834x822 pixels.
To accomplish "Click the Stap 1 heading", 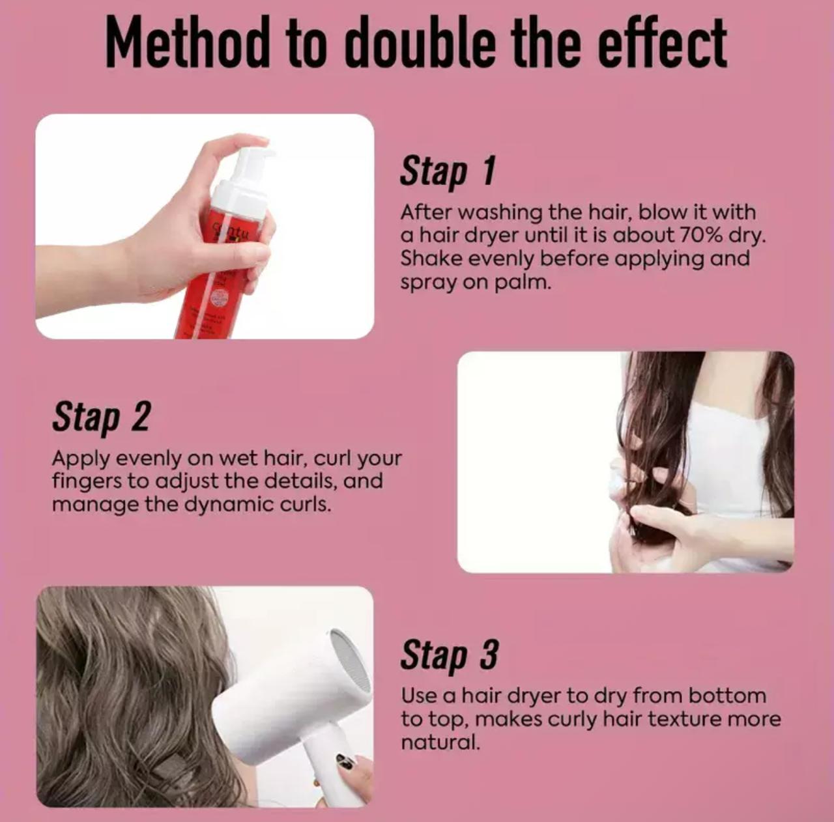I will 448,171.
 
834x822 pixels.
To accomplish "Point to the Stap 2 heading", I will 101,417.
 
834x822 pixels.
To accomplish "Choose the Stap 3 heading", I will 449,655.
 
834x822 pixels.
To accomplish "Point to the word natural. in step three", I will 440,743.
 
